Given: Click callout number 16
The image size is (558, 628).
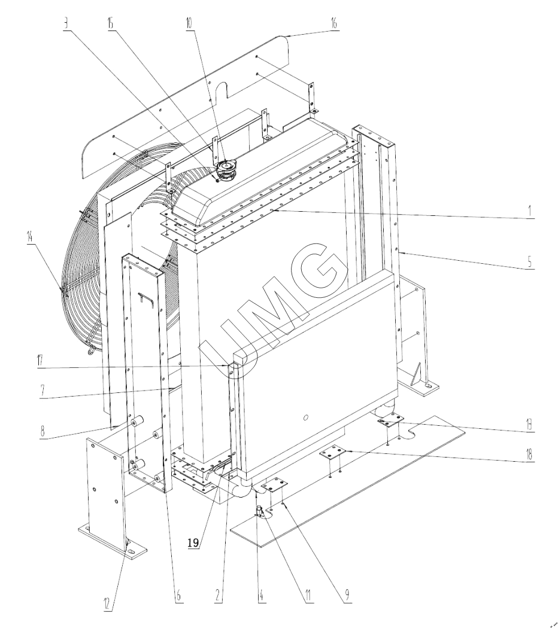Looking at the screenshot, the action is pyautogui.click(x=333, y=23).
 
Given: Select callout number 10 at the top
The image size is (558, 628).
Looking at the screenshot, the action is pyautogui.click(x=189, y=23).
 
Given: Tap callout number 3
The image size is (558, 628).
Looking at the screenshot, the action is pyautogui.click(x=65, y=23).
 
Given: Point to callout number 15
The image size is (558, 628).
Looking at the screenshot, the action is pyautogui.click(x=110, y=23).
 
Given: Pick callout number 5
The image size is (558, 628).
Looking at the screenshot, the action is pyautogui.click(x=529, y=262).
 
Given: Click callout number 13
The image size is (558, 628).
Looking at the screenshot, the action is pyautogui.click(x=529, y=423).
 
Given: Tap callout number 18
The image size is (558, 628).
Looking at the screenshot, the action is pyautogui.click(x=529, y=455).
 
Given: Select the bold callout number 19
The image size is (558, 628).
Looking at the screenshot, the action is pyautogui.click(x=193, y=542).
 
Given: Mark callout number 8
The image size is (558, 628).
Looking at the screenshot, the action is pyautogui.click(x=43, y=432).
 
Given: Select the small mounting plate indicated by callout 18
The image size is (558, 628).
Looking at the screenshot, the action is pyautogui.click(x=332, y=454).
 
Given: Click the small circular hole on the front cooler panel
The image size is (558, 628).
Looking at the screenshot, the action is pyautogui.click(x=306, y=417).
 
